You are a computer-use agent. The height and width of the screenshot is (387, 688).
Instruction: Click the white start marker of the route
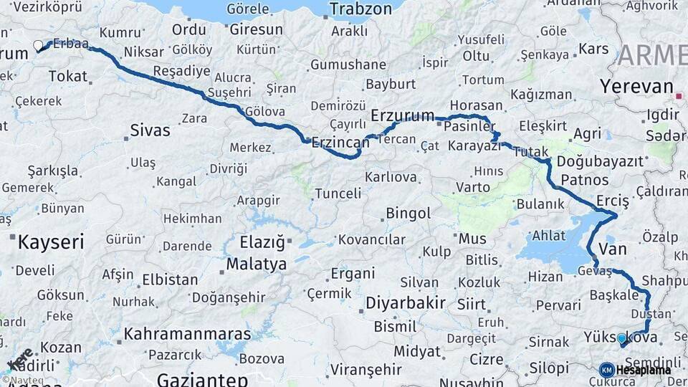(38, 46)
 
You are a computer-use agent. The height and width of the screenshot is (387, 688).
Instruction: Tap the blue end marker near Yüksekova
(621, 338)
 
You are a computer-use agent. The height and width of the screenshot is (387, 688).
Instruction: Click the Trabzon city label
(361, 9)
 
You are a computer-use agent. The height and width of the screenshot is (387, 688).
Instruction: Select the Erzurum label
(403, 115)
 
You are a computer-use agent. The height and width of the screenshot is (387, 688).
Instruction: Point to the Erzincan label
(340, 142)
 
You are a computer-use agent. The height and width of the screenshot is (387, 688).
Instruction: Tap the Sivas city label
(150, 130)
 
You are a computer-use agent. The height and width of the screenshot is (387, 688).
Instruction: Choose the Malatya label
(257, 264)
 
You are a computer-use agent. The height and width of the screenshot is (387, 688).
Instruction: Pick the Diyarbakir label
(406, 302)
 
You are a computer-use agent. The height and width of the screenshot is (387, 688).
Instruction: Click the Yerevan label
(637, 87)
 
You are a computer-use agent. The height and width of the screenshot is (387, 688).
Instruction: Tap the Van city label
(612, 249)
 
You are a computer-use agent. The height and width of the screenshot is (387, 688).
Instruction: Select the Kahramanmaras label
(188, 334)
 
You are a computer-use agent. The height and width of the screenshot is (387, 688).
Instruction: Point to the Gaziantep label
(202, 379)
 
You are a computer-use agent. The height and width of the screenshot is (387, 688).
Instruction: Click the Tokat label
(68, 76)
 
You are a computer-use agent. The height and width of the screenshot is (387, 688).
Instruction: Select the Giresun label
(257, 30)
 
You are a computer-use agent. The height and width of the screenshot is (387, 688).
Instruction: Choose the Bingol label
(408, 214)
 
